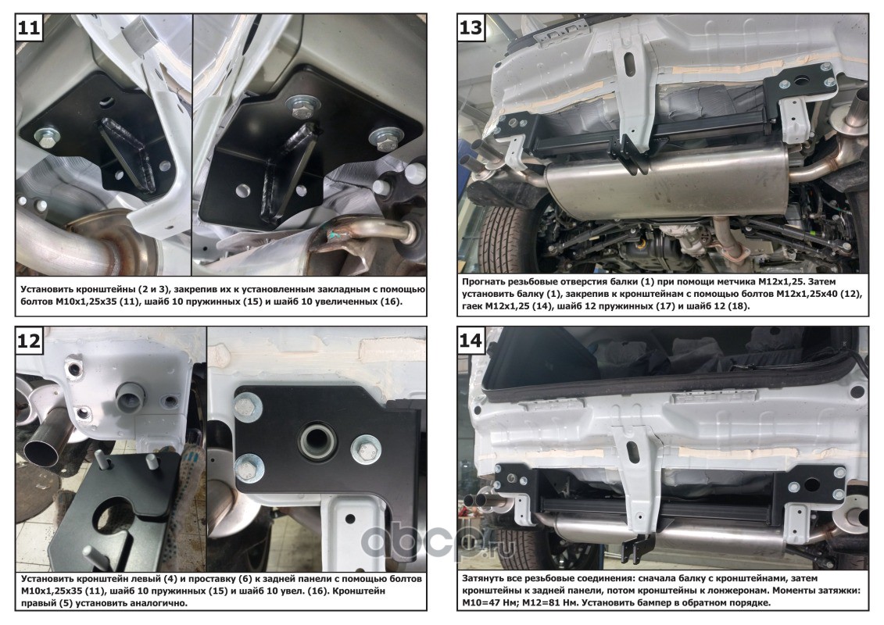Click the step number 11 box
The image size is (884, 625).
pyautogui.click(x=29, y=27)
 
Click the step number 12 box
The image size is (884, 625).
pyautogui.click(x=29, y=341)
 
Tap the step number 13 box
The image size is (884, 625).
pyautogui.click(x=471, y=27)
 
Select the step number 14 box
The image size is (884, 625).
pyautogui.click(x=471, y=341)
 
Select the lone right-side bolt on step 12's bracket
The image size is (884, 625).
pyautogui.click(x=365, y=450)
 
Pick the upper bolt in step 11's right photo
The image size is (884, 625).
pyautogui.click(x=303, y=106)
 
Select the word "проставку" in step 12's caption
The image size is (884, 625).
pyautogui.click(x=215, y=579)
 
